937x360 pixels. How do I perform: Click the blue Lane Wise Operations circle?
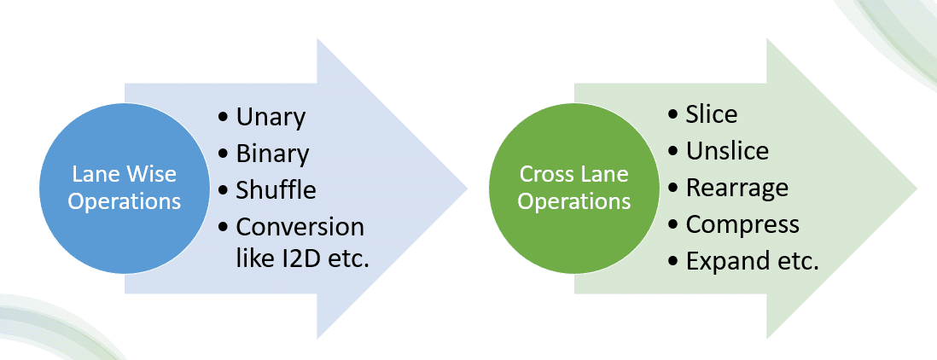[x=125, y=188]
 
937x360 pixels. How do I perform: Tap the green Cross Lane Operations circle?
[x=573, y=188]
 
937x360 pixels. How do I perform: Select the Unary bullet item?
[x=270, y=117]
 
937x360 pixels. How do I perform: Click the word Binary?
[x=272, y=154]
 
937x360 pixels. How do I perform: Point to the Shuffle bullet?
[x=275, y=189]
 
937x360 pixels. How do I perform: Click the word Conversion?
[x=300, y=227]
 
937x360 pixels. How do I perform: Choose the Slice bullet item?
[x=711, y=113]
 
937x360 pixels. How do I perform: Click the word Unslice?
[x=727, y=151]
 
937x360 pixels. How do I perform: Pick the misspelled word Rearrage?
[x=736, y=187]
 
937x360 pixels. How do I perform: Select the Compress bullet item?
[x=742, y=224]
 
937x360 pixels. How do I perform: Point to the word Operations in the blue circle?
[x=125, y=202]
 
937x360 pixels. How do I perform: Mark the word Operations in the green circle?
[x=573, y=202]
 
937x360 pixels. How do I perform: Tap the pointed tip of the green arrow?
[x=915, y=188]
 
